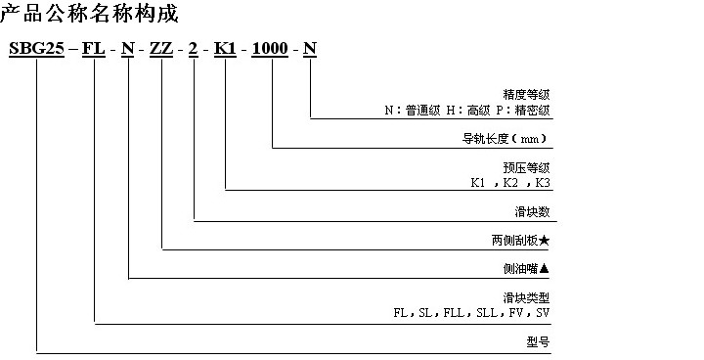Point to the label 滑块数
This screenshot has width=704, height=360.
(x=533, y=211)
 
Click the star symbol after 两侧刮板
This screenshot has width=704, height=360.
(x=546, y=241)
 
